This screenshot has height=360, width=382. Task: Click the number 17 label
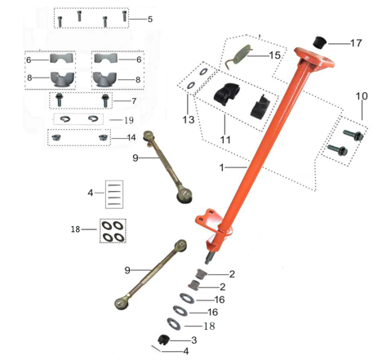(356, 42)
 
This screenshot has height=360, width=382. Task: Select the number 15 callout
(274, 56)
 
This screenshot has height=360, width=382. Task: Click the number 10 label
(148, 18)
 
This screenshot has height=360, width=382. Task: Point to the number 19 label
(129, 120)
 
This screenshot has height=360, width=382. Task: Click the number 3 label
(193, 339)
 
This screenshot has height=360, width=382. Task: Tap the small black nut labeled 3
(162, 340)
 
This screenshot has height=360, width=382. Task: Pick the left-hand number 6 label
(28, 60)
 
